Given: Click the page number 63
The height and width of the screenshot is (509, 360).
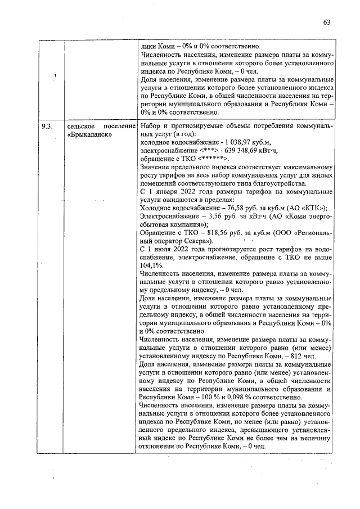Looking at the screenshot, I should tap(326, 22).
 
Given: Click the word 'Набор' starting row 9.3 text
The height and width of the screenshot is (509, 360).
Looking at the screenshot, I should tap(151, 127).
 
